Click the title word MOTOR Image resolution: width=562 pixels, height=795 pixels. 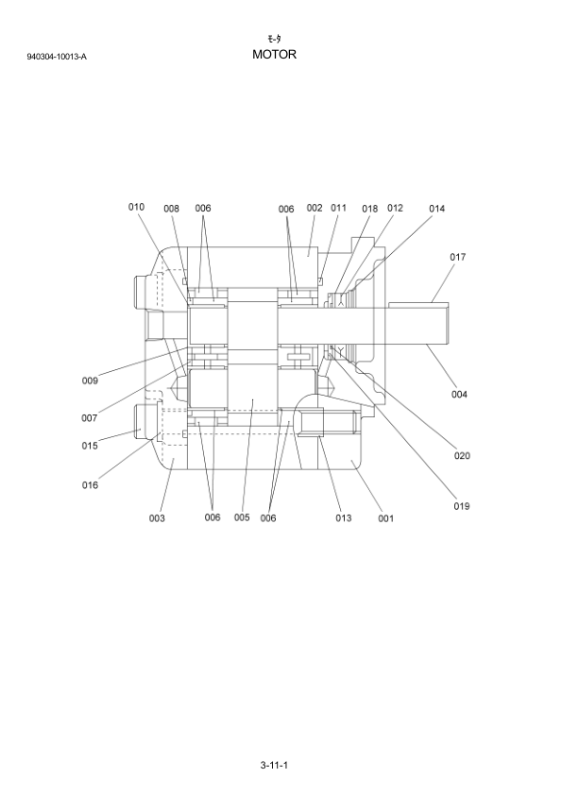[x=275, y=54]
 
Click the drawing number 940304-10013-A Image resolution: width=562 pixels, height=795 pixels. [x=57, y=57]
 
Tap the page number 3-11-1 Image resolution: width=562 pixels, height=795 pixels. [x=274, y=765]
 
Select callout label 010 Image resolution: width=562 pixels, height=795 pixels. [x=136, y=207]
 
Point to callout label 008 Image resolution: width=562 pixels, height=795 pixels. [x=172, y=209]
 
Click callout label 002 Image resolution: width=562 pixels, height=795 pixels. [x=315, y=208]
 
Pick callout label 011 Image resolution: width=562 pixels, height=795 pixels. [x=338, y=208]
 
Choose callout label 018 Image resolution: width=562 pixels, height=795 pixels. [x=369, y=209]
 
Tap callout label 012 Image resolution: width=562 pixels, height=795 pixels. [x=395, y=208]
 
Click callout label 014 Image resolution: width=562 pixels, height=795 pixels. [x=436, y=209]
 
